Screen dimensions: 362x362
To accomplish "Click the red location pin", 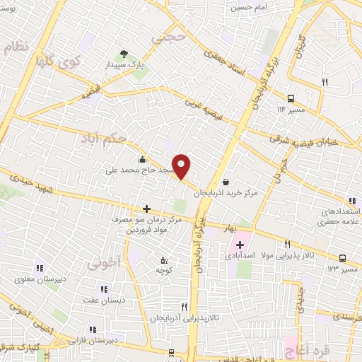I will (182, 166).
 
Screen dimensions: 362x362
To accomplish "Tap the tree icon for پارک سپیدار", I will (124, 54).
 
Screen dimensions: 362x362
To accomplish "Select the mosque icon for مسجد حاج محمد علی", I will (144, 159).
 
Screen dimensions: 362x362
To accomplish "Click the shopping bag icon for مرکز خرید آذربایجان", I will (226, 182).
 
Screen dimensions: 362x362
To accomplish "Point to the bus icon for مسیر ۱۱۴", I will (291, 99).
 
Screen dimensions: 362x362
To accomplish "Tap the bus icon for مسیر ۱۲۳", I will (343, 259).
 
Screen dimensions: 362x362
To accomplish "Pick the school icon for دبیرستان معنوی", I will (40, 268).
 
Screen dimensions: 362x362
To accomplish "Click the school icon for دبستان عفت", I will (104, 288).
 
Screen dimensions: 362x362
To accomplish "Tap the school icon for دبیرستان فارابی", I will (93, 329).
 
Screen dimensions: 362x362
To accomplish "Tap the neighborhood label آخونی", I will (100, 264).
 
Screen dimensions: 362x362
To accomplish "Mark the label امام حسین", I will (247, 8).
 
